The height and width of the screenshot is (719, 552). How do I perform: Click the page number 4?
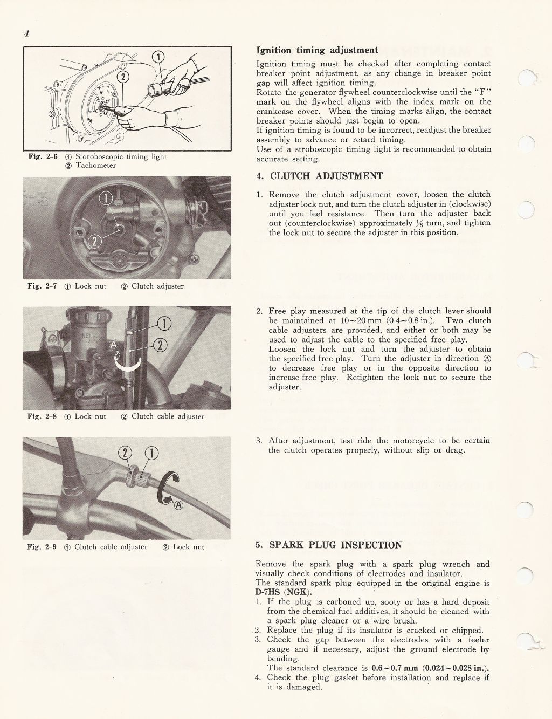coord(26,33)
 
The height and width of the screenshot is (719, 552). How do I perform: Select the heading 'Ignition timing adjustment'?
coord(316,51)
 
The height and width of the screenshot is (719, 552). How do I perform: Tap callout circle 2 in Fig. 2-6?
coord(123,77)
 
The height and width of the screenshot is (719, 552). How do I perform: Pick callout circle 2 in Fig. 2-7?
coord(94,241)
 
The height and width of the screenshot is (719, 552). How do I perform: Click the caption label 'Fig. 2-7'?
coord(42,286)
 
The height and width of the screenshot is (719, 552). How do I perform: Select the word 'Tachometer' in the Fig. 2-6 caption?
coord(95,166)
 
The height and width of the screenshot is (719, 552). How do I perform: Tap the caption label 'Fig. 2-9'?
coord(42,547)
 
